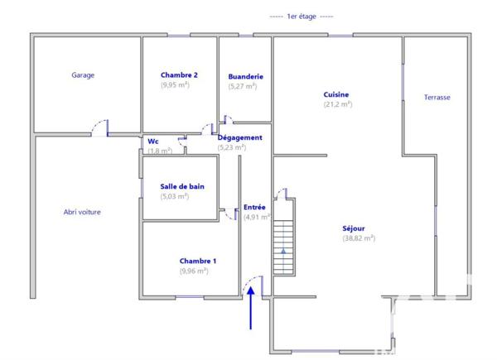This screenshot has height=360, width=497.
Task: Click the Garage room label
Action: coord(83,75)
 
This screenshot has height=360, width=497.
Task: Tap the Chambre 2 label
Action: coord(179,74)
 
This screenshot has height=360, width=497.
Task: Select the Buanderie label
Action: coord(245,77)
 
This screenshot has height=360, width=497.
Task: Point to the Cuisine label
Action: coord(335,94)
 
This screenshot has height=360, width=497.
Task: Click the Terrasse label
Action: coord(437,98)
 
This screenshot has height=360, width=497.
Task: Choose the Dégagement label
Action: coord(240,137)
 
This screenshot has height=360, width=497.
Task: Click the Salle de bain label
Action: coord(181,187)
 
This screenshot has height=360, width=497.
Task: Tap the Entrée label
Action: coord(254,207)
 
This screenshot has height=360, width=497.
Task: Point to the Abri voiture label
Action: coord(82,212)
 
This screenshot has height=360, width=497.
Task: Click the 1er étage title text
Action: coord(302,16)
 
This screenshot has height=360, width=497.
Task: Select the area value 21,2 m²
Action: coord(337,104)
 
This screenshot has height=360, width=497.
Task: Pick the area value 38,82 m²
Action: coord(359,238)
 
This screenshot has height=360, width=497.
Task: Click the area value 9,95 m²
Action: coord(175,84)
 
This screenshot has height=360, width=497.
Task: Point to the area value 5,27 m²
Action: coord(246,87)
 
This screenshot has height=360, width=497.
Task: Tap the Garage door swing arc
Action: coord(99,126)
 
